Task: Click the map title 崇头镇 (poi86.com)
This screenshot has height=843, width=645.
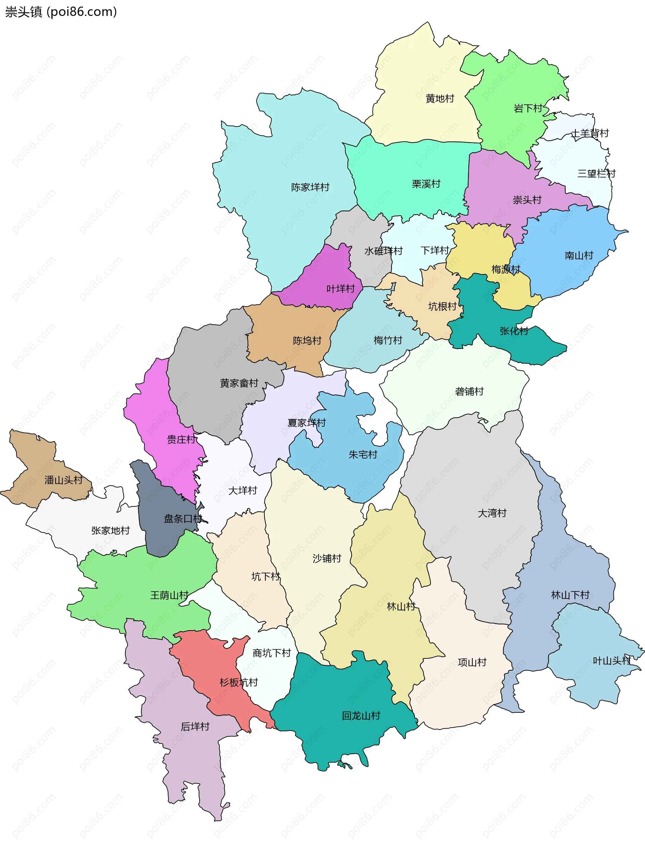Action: coord(61,12)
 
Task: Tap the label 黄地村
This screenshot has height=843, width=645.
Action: coord(440,99)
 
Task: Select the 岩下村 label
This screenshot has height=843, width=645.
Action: coord(528,108)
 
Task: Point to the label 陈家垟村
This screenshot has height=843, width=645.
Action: coord(310,187)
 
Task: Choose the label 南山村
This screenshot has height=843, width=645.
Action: coord(578,255)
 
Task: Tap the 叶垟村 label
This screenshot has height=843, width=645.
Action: coord(341,288)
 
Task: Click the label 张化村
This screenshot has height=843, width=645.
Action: coord(514,331)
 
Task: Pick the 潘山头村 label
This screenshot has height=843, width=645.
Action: coord(63,480)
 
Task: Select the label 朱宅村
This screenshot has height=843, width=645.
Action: coord(363,455)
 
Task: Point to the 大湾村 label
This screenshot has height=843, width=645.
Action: coord(492,513)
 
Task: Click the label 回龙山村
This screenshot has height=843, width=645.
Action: coord(361,716)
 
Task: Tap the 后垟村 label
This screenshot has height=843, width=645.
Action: coord(195,727)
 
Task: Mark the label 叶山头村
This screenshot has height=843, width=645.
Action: coord(612,661)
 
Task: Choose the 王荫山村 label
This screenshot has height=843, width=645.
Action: coord(169,595)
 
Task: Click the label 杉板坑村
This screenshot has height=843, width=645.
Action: coord(239,682)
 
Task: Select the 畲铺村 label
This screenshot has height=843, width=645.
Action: coord(469,391)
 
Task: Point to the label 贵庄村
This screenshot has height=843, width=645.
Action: coord(181,439)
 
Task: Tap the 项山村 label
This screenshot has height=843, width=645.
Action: coord(472,662)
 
